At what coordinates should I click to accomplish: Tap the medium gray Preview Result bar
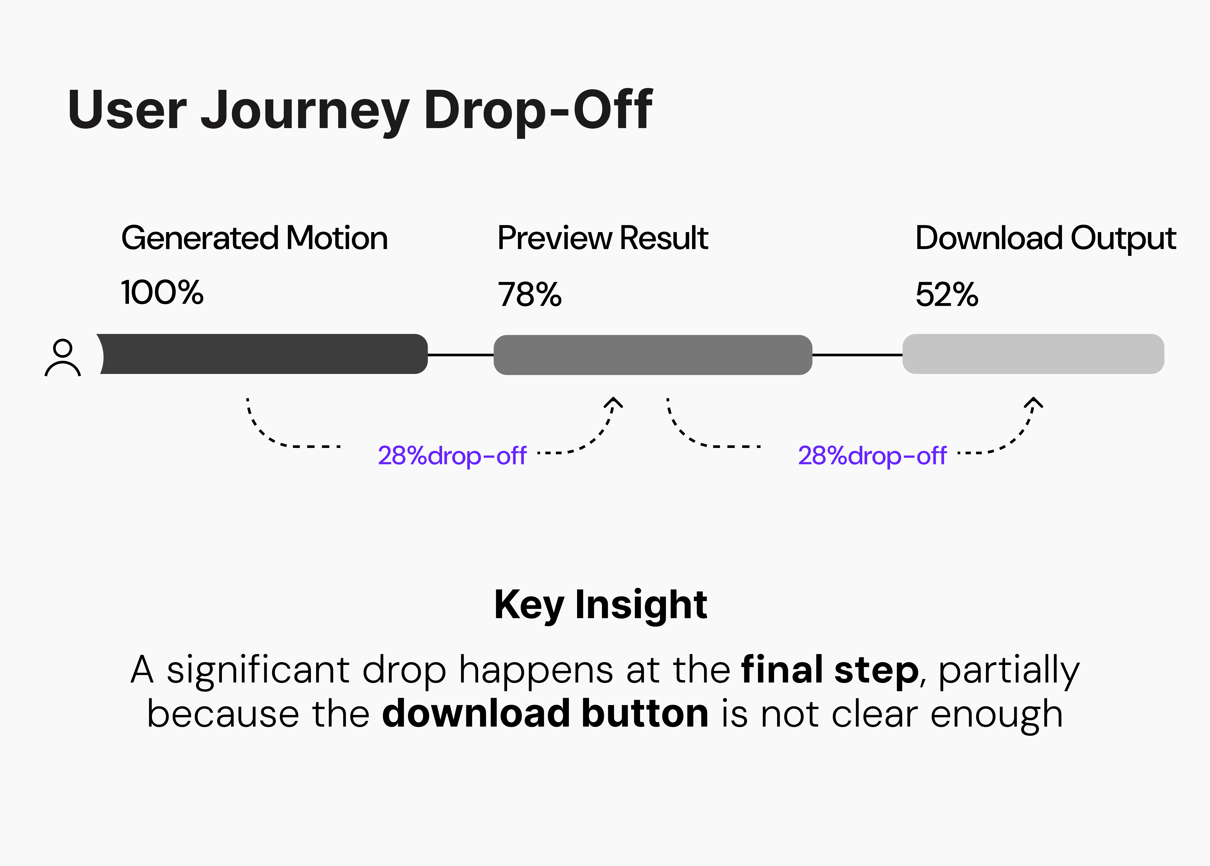(653, 355)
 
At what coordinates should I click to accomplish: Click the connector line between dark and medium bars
(461, 355)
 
